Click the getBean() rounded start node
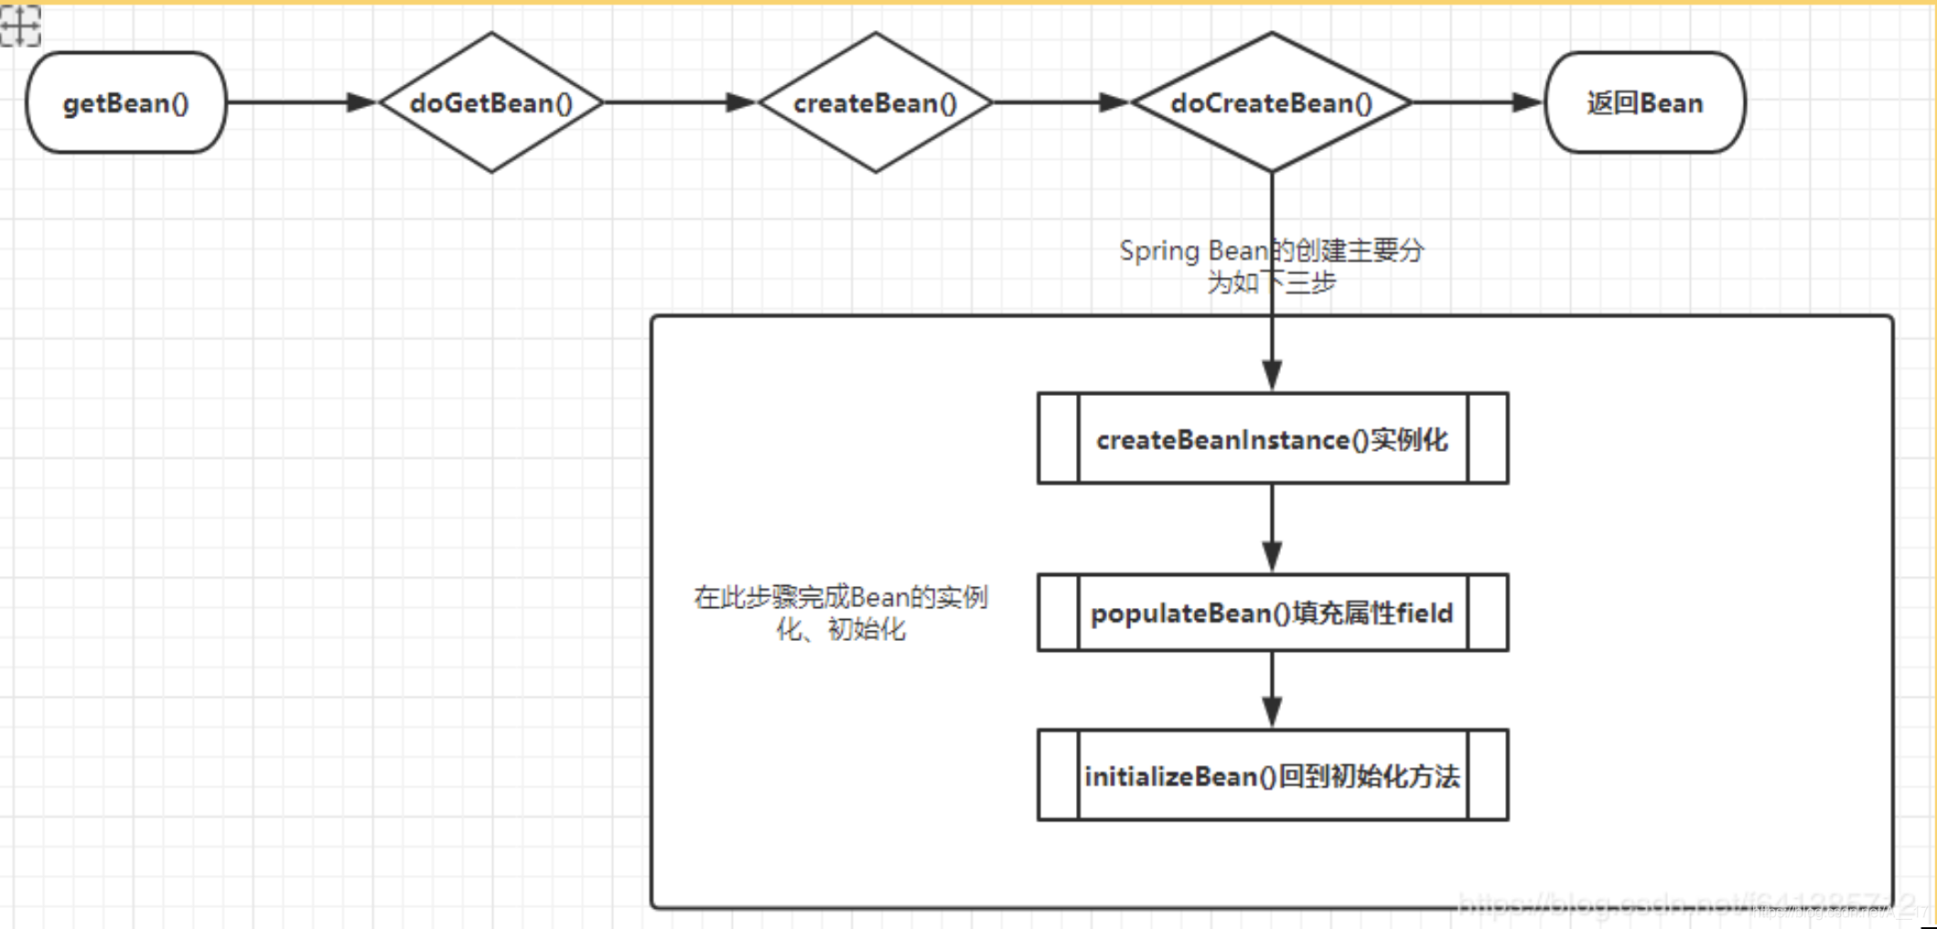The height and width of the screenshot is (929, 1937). (x=126, y=102)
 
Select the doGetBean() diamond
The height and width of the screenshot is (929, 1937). (x=491, y=102)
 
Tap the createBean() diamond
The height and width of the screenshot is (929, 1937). (x=875, y=102)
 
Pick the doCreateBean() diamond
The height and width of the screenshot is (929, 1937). (x=1271, y=102)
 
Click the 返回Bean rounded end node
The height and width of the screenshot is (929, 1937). (x=1644, y=102)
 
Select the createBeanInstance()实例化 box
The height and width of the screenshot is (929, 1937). (x=1272, y=439)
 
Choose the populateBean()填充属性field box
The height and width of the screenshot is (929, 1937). (x=1272, y=613)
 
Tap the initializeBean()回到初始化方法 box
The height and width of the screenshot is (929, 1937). (x=1272, y=775)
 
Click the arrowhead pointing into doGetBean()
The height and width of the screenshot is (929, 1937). (x=362, y=102)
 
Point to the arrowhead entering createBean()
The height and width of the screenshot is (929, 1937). (x=741, y=102)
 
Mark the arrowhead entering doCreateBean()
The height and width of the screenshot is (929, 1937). (x=1114, y=102)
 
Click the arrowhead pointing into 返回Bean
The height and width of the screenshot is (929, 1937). (x=1528, y=102)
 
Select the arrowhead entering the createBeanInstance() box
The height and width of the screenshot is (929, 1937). (x=1272, y=375)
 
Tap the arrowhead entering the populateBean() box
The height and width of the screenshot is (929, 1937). (x=1272, y=556)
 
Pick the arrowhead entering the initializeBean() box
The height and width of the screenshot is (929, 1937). (x=1272, y=711)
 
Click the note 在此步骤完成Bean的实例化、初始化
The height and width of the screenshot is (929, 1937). (x=841, y=613)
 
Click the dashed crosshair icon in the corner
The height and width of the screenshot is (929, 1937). (x=20, y=25)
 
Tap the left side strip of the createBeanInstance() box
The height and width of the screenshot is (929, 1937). (x=1059, y=439)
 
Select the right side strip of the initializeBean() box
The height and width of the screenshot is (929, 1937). (x=1488, y=775)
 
